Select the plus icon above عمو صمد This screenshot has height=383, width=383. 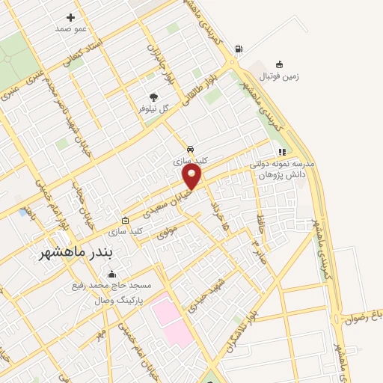click(x=71, y=16)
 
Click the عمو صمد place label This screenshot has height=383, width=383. click(x=71, y=28)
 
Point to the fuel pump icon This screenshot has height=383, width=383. click(x=239, y=49)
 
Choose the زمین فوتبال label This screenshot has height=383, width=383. click(x=279, y=76)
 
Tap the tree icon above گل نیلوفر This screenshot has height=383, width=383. click(x=154, y=96)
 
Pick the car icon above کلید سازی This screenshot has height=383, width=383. click(x=192, y=149)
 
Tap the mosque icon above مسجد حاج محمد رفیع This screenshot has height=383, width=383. click(x=112, y=274)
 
